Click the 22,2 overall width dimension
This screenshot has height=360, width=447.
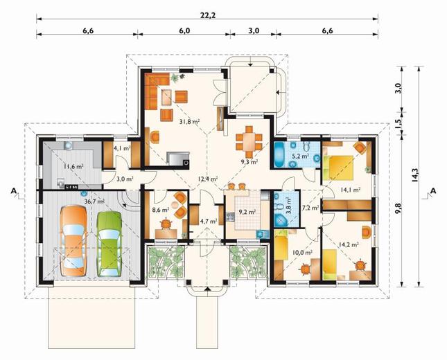208,15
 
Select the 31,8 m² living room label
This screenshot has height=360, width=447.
189,122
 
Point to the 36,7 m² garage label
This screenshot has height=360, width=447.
94,201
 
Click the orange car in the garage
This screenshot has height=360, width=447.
73,241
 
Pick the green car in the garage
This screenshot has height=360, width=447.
109,244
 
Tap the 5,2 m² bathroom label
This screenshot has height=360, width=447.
300,156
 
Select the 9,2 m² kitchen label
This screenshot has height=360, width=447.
247,212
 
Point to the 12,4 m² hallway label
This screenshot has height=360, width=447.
208,179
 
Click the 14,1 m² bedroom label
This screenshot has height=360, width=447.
351,190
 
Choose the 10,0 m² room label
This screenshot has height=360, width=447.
302,252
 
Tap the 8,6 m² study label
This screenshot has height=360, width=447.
161,210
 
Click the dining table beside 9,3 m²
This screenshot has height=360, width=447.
249,142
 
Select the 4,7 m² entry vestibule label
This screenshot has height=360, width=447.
209,222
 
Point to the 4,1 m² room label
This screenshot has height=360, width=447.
122,148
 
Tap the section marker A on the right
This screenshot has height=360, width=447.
433,191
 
